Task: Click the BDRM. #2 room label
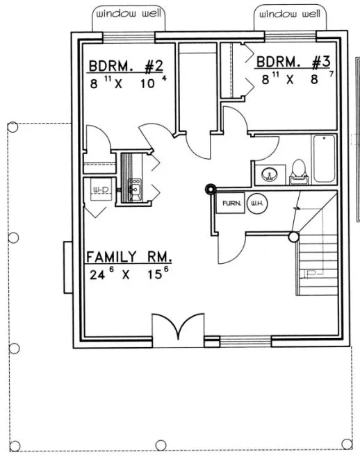click(x=126, y=67)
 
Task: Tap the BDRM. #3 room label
click(x=292, y=62)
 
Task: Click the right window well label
click(x=289, y=14)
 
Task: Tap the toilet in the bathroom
click(x=298, y=169)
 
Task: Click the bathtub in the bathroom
click(x=325, y=159)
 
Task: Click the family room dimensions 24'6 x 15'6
click(x=129, y=274)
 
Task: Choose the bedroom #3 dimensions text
click(x=293, y=78)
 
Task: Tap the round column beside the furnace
click(x=209, y=188)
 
